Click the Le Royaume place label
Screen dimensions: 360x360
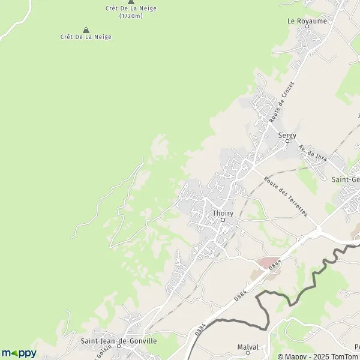(x=307, y=21)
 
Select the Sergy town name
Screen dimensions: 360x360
(x=287, y=136)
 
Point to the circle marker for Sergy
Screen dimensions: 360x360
(x=287, y=142)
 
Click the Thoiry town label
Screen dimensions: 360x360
(x=223, y=212)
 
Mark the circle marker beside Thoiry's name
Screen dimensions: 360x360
(x=223, y=220)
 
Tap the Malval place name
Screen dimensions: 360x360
(x=248, y=347)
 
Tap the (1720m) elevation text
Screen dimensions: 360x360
(x=130, y=16)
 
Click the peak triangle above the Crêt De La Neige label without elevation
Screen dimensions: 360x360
(x=86, y=29)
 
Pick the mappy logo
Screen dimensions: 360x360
(x=19, y=353)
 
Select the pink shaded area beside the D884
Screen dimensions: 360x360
(x=265, y=263)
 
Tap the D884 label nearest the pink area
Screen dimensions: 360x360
(x=274, y=264)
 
